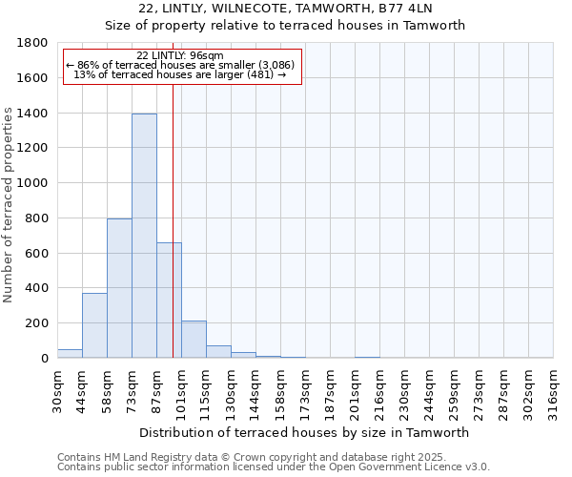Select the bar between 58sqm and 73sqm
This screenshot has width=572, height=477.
click(119, 288)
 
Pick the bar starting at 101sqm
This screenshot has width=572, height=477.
click(194, 340)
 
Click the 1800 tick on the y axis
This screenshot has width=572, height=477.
click(34, 43)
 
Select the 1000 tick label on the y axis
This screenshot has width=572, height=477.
click(34, 183)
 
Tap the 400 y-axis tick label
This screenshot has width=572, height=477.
click(38, 288)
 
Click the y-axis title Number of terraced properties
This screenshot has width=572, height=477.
click(9, 205)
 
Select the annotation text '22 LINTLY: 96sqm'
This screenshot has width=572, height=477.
click(182, 55)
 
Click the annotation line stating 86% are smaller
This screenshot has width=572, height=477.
click(182, 65)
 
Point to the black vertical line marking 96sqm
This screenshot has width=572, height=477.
click(173, 238)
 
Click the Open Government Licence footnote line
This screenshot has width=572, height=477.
click(273, 467)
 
